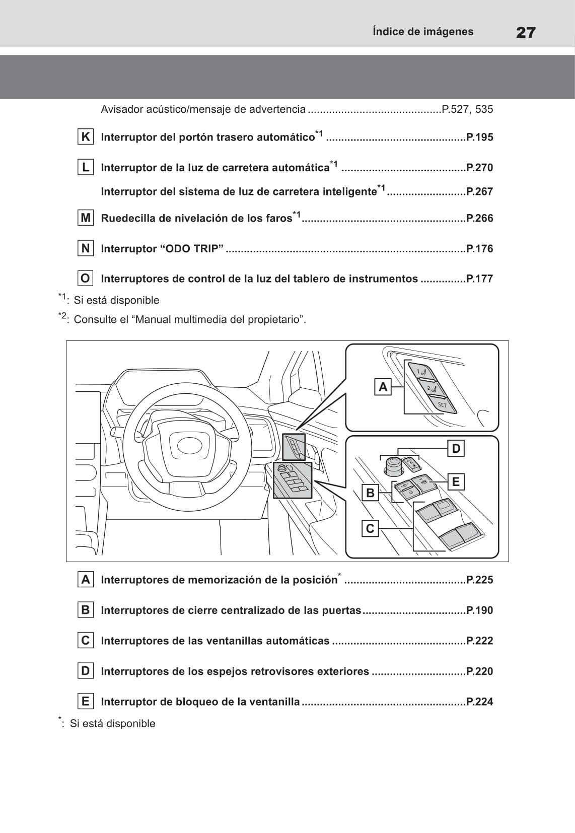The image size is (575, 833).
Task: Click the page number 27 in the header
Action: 526,33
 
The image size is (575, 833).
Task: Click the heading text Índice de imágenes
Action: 423,32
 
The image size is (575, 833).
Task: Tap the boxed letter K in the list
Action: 86,137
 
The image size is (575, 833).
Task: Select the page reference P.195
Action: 479,137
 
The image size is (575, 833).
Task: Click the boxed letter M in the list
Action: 86,218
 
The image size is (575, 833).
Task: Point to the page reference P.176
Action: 479,249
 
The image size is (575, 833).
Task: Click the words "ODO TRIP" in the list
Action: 191,249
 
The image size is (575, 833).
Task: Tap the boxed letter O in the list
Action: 86,279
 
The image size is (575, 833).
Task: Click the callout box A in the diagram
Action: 383,387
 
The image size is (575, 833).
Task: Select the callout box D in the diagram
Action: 456,448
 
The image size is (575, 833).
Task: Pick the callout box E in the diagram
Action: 456,482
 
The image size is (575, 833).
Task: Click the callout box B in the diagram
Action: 370,493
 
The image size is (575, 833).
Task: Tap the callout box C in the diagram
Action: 370,528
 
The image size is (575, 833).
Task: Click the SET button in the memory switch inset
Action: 442,404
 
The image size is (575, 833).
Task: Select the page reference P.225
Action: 479,580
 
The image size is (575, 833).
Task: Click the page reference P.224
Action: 479,702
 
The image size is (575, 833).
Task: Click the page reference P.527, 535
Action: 467,109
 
